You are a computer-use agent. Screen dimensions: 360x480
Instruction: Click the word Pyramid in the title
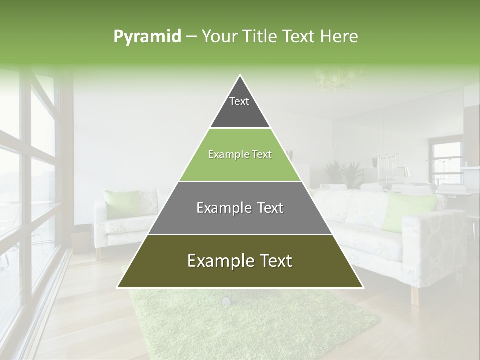coord(147,36)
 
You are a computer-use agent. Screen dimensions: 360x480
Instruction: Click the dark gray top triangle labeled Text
coord(240,107)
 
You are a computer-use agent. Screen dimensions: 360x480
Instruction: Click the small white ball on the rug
coord(226,301)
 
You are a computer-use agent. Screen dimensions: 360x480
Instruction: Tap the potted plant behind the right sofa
coord(345,172)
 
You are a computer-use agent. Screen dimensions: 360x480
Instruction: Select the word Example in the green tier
coord(224,154)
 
